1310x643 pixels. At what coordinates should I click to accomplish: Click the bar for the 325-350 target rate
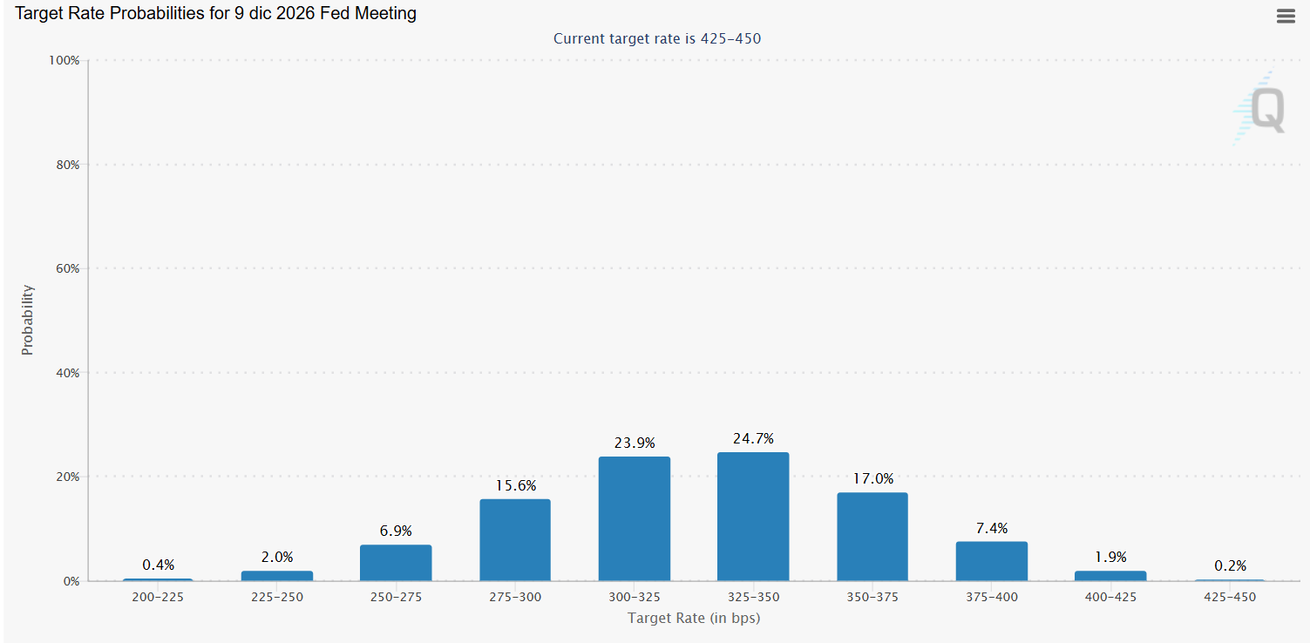[x=753, y=517]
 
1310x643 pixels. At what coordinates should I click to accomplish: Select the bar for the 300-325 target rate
[x=635, y=519]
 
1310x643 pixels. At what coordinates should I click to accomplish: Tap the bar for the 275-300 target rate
[x=515, y=540]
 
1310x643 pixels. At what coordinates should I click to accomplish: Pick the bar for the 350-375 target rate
[x=872, y=537]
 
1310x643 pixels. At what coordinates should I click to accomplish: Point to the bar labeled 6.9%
[x=396, y=563]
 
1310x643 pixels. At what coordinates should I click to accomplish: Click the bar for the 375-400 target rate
[x=992, y=561]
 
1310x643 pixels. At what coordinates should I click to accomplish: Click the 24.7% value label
[x=753, y=438]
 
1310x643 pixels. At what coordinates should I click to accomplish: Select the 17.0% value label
[x=873, y=478]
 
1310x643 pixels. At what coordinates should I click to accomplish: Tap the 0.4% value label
[x=159, y=565]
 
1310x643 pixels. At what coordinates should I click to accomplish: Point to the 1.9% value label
[x=1110, y=557]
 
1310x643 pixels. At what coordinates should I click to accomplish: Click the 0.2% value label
[x=1231, y=565]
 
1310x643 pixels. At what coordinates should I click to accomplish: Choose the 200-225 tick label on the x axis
[x=158, y=597]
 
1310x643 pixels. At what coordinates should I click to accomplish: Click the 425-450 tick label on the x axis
[x=1230, y=597]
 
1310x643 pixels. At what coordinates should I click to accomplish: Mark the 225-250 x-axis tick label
[x=277, y=597]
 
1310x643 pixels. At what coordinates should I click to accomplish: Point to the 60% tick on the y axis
[x=68, y=268]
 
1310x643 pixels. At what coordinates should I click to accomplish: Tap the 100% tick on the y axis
[x=64, y=60]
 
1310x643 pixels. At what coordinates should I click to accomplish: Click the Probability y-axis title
[x=28, y=320]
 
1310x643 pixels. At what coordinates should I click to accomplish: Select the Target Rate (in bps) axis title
[x=694, y=618]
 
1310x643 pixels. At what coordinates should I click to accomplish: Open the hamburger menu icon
[x=1286, y=16]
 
